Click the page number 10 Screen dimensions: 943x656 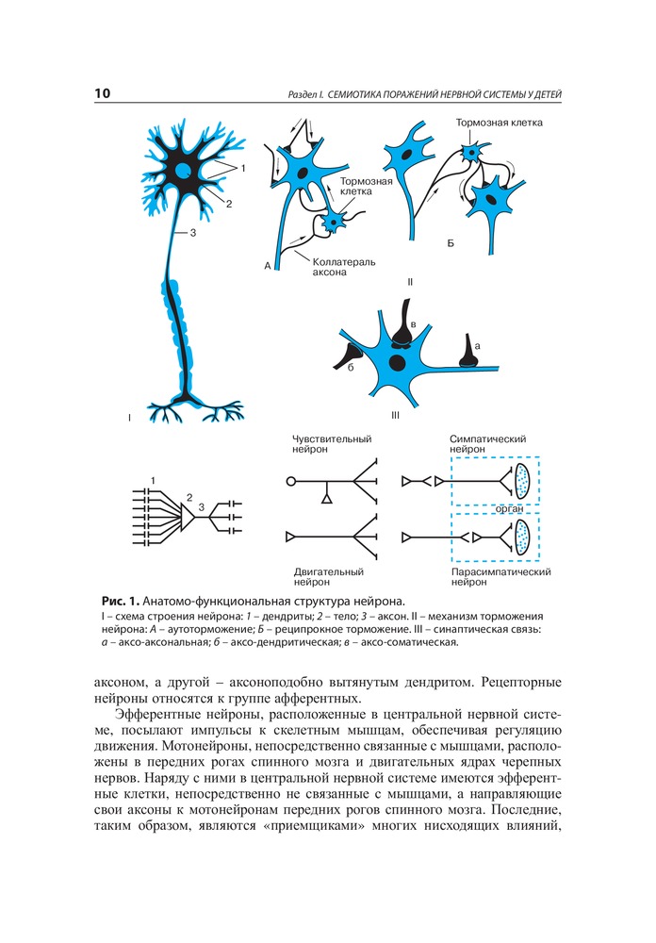point(103,93)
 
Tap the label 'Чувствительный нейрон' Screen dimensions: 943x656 point(332,444)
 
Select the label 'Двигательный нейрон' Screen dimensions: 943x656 point(328,576)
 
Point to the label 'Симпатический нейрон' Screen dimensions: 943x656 point(487,444)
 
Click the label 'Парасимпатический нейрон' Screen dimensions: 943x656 point(500,576)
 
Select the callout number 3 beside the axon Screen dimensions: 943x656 point(192,233)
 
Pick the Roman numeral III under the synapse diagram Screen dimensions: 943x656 point(395,414)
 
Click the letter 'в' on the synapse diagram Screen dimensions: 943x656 point(412,324)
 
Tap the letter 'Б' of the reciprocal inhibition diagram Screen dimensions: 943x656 point(450,243)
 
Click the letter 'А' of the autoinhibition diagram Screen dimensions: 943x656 point(268,267)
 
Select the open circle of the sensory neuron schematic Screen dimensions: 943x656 point(290,481)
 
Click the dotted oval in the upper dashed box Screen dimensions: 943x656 point(521,481)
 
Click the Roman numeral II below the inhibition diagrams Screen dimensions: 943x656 point(410,282)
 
